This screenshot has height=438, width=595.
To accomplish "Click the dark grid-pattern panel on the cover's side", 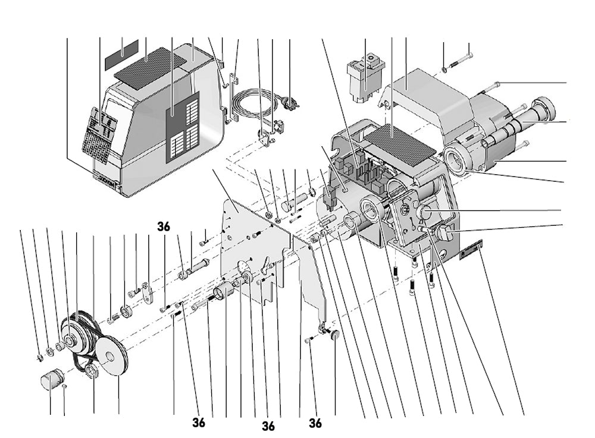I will (x=181, y=127).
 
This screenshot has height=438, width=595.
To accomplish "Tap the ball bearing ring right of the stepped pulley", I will (x=127, y=310).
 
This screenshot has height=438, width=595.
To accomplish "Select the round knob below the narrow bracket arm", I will (x=334, y=335).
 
